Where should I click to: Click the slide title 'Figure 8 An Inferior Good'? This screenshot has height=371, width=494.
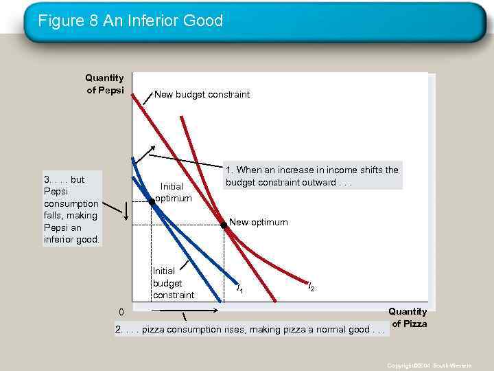click(130, 21)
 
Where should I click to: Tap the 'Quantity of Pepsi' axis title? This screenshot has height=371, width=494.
click(104, 84)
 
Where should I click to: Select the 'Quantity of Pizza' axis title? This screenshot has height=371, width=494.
click(408, 317)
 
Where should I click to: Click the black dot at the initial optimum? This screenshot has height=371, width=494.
click(152, 203)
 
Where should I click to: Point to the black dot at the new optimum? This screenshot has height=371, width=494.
click(224, 225)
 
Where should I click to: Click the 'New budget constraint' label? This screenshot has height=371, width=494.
click(202, 94)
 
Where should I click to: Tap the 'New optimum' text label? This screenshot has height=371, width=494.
click(258, 222)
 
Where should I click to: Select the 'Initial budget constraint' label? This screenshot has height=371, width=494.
click(173, 282)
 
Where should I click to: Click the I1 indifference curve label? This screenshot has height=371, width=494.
click(239, 290)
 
